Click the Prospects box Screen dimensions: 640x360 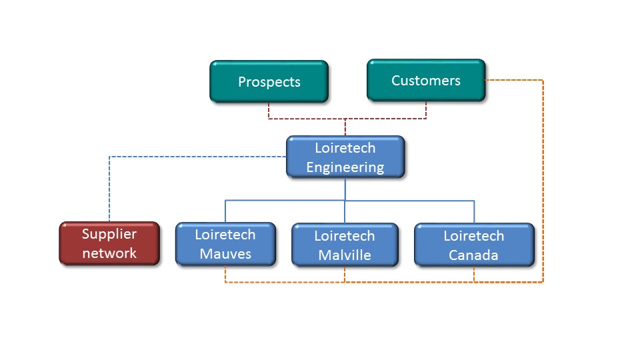(269, 81)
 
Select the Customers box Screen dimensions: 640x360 (426, 81)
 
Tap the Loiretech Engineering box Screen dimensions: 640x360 (345, 157)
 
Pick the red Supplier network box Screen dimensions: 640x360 (109, 243)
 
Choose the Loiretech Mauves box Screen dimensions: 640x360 (225, 244)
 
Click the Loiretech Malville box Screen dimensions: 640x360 (345, 245)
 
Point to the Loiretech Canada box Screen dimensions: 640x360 (474, 245)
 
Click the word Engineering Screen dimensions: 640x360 (345, 167)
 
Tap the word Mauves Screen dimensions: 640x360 (225, 254)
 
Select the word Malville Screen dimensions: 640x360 (345, 255)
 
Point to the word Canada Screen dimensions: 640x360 (473, 255)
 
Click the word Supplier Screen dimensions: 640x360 (109, 234)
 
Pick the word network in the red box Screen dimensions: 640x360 (109, 253)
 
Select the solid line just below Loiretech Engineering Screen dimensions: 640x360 (345, 189)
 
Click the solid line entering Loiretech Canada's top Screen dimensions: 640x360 (474, 212)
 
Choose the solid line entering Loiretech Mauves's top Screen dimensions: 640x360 (225, 211)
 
